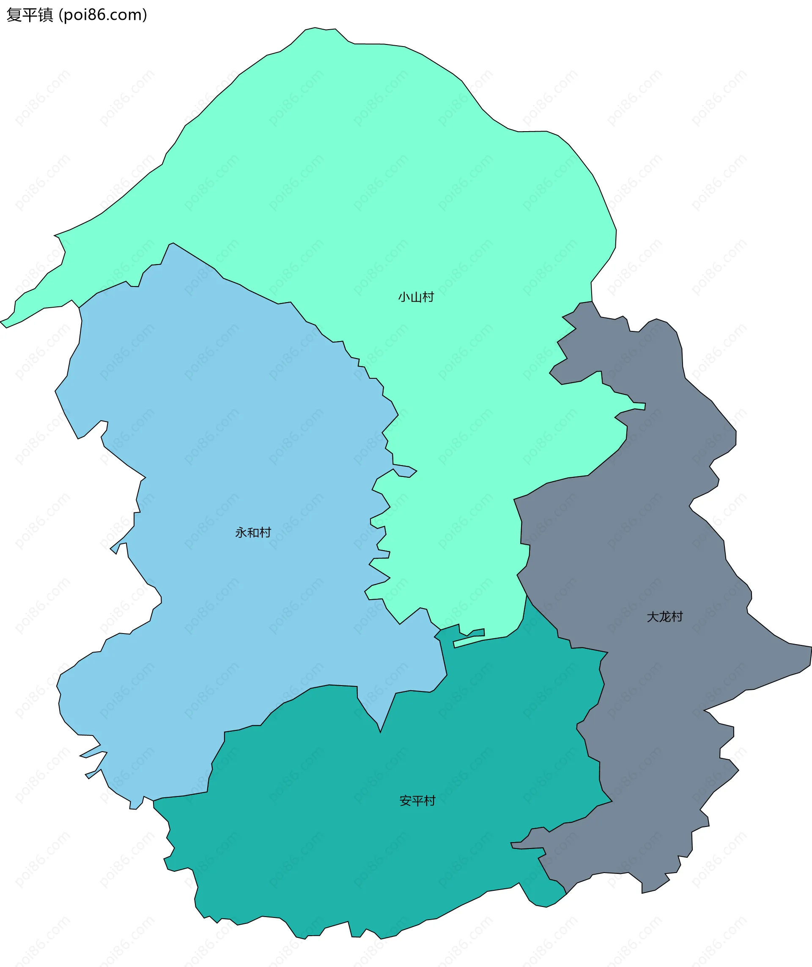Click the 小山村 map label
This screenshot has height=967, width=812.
[x=416, y=297]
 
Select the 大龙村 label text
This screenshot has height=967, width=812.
[x=665, y=617]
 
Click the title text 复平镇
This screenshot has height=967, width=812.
[x=30, y=15]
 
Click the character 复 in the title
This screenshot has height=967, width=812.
[x=14, y=15]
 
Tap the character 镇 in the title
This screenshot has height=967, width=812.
[x=46, y=15]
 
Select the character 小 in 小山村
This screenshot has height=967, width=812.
[x=404, y=297]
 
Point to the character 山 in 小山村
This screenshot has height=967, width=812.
[x=416, y=297]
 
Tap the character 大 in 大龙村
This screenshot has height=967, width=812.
[x=653, y=617]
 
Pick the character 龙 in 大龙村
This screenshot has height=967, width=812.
[x=665, y=617]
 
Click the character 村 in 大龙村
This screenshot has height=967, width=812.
[x=677, y=617]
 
